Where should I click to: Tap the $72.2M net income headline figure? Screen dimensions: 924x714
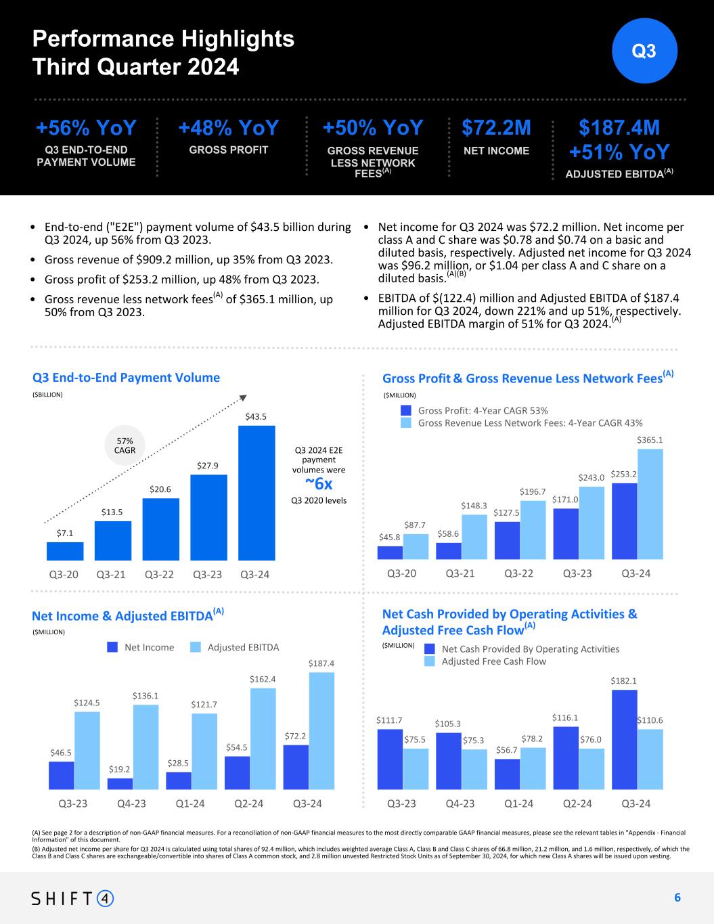point(496,128)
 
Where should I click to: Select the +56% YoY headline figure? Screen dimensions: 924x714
point(86,128)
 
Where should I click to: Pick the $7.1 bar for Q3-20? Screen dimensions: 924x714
point(65,551)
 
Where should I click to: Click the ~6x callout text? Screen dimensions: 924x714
point(319,484)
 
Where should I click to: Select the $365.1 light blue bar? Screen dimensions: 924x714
point(650,504)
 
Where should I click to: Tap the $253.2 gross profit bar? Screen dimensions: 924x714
point(624,521)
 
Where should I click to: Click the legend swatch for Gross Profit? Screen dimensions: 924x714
point(406,410)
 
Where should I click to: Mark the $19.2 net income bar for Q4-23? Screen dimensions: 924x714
point(120,783)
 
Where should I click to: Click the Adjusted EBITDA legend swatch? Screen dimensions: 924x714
point(196,647)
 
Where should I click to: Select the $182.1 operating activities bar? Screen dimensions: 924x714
point(624,739)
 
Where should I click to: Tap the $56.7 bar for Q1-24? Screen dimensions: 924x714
point(507,774)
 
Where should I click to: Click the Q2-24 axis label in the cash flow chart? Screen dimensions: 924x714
point(577,804)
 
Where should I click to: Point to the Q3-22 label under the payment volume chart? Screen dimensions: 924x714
point(160,574)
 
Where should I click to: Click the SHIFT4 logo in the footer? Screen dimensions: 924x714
point(73,898)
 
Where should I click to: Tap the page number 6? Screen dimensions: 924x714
point(677,898)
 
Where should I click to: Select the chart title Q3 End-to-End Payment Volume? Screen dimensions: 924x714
point(126,378)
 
